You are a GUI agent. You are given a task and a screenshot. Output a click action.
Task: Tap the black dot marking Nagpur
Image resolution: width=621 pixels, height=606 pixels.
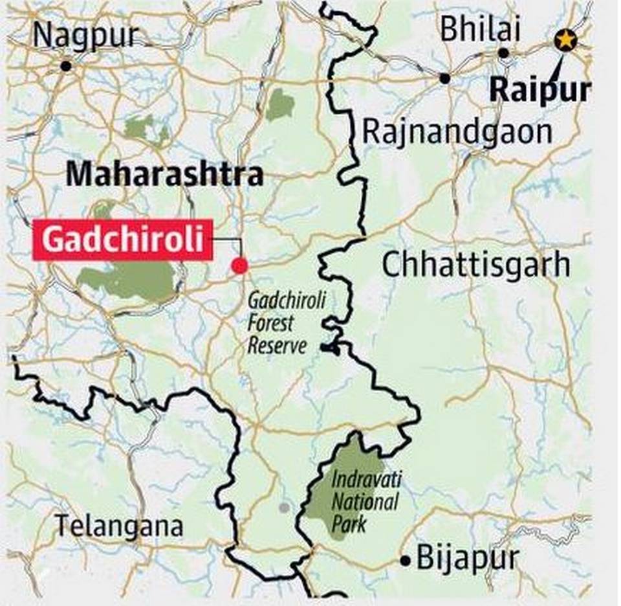click(66, 66)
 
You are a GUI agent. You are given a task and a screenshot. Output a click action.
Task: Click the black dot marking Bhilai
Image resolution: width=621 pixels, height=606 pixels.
click(504, 53)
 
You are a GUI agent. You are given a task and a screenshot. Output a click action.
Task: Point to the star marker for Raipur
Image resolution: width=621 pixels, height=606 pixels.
click(565, 41)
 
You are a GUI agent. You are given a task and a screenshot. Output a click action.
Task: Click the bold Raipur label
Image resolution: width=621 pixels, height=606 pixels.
click(540, 90)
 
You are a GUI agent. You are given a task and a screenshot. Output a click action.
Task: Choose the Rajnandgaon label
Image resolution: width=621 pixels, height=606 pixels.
click(457, 131)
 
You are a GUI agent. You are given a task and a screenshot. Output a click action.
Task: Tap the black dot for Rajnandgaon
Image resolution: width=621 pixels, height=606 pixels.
click(444, 78)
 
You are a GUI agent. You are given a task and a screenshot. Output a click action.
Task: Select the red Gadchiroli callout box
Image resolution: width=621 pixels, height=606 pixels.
click(124, 240)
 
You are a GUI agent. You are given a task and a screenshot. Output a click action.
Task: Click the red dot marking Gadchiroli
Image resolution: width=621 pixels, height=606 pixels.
click(239, 265)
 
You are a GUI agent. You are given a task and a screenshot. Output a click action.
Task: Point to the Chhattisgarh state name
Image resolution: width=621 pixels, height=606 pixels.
click(475, 265)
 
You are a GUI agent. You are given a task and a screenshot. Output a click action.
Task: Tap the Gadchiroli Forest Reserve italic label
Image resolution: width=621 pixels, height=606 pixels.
click(278, 322)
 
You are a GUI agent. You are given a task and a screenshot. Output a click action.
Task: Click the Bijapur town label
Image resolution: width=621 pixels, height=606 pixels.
click(468, 558)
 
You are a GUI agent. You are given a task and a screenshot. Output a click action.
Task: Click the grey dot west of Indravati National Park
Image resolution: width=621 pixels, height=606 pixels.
click(283, 507)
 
